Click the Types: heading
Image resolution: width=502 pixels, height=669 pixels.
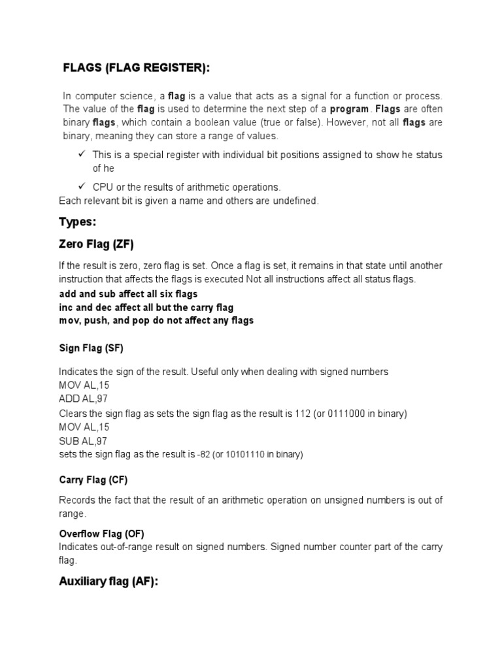[77, 223]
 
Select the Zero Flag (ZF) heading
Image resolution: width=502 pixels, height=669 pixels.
[96, 245]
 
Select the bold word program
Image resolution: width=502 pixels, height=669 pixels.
[348, 108]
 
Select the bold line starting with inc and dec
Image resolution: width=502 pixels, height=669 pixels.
[146, 307]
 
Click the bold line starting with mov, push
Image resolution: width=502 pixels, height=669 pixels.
[156, 320]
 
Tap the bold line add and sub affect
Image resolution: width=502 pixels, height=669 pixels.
[128, 294]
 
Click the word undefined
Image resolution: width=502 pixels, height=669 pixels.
[296, 201]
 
